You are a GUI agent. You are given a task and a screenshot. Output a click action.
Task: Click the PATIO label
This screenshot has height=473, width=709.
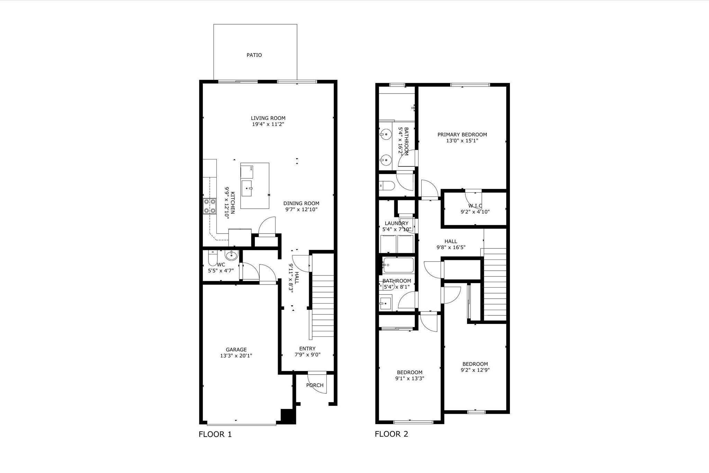tap(254, 55)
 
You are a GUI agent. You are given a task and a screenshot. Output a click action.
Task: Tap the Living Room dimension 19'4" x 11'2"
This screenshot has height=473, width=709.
tap(268, 124)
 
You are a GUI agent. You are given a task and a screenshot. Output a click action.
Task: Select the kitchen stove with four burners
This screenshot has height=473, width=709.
tap(209, 206)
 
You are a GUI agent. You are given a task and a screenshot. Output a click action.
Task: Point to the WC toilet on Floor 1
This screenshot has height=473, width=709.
tap(212, 258)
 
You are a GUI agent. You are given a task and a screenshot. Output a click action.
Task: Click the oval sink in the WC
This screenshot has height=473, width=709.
tap(231, 256)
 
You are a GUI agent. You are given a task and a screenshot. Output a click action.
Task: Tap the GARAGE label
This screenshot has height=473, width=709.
tap(236, 350)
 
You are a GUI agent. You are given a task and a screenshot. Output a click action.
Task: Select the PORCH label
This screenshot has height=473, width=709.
tap(315, 385)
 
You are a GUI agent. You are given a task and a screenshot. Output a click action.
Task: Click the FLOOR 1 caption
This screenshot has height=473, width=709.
tap(215, 434)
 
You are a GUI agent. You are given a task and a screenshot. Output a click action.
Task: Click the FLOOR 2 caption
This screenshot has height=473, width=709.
tap(392, 434)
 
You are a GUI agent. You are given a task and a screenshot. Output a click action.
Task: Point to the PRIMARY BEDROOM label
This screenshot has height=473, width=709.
tap(462, 135)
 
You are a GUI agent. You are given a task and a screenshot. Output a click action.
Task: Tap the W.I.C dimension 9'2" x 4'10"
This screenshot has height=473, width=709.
tap(475, 212)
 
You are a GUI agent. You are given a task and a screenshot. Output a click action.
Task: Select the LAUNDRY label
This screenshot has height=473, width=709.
tap(397, 224)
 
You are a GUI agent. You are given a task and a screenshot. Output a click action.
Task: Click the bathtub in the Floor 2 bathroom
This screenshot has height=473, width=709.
tap(398, 265)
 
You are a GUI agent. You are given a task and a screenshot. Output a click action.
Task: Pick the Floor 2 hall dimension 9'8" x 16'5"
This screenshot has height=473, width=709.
tap(451, 247)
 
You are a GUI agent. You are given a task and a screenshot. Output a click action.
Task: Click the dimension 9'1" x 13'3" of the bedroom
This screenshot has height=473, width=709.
tap(410, 378)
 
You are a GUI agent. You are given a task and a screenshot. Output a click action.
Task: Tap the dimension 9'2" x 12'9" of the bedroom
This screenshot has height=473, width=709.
tap(475, 370)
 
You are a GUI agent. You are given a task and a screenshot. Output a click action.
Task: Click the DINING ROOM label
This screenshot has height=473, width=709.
tap(301, 203)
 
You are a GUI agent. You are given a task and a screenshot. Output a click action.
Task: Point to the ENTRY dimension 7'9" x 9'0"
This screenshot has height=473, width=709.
tap(307, 354)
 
